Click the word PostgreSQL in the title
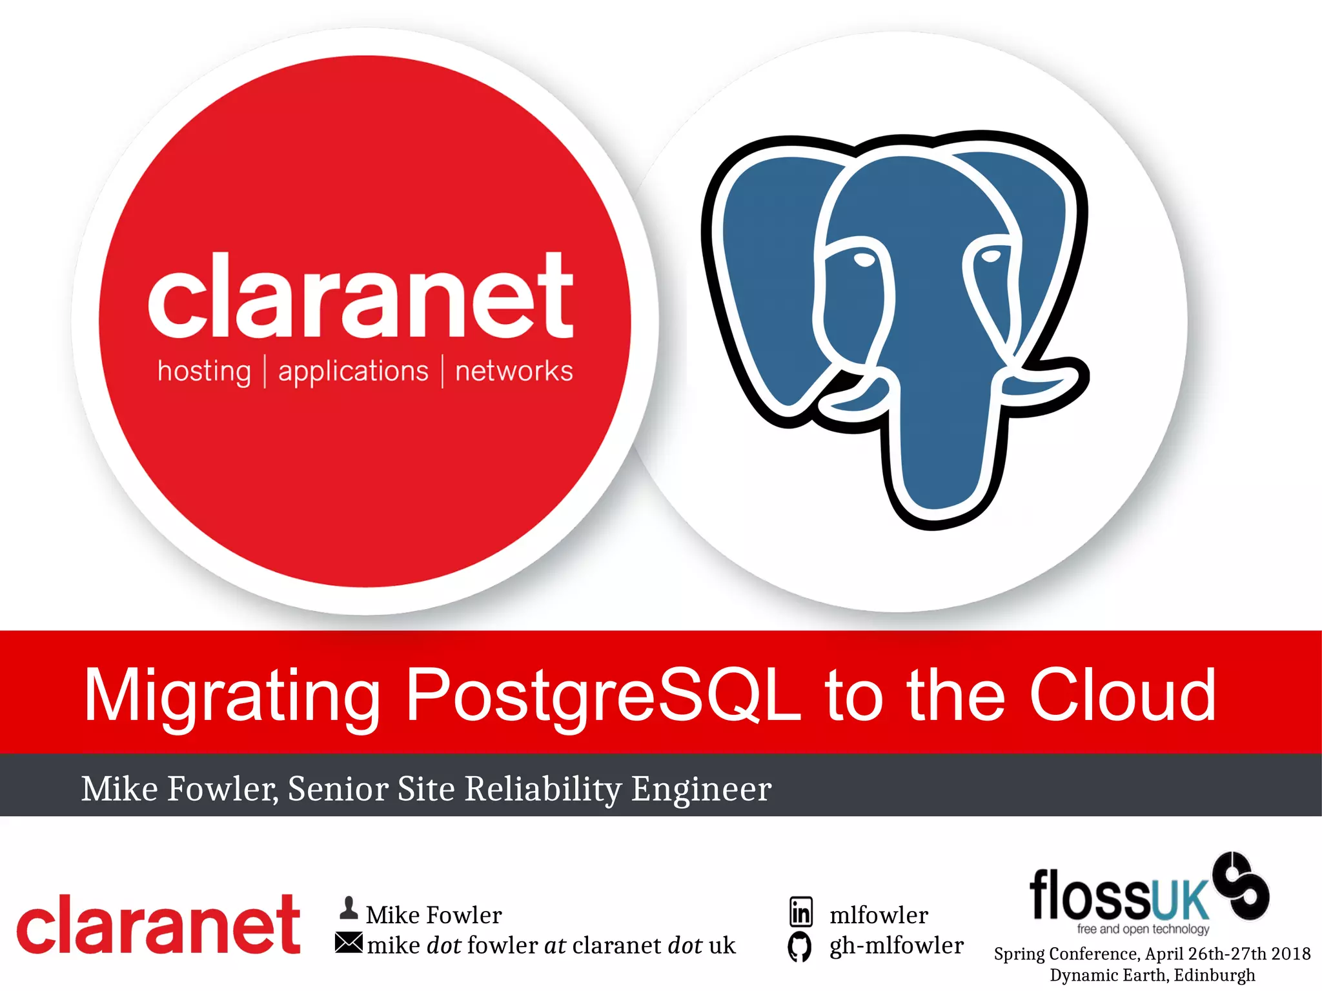pyautogui.click(x=604, y=696)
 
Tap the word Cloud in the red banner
pyautogui.click(x=1123, y=694)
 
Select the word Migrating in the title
pyautogui.click(x=232, y=696)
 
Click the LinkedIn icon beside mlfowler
pyautogui.click(x=801, y=912)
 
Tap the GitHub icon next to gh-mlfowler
pyautogui.click(x=800, y=946)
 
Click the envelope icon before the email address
pyautogui.click(x=349, y=943)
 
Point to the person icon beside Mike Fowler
pyautogui.click(x=349, y=908)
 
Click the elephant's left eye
pyautogui.click(x=864, y=260)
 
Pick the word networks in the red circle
pyautogui.click(x=514, y=372)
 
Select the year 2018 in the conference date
pyautogui.click(x=1290, y=954)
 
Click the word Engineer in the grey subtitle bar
pyautogui.click(x=701, y=788)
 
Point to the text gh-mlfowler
pyautogui.click(x=896, y=945)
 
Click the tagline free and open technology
pyautogui.click(x=1143, y=929)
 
